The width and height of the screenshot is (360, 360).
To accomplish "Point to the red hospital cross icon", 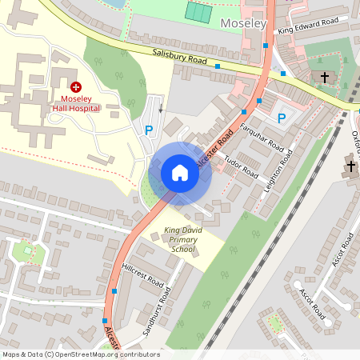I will pyautogui.click(x=75, y=86).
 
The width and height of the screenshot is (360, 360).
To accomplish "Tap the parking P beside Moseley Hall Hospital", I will pyautogui.click(x=148, y=130).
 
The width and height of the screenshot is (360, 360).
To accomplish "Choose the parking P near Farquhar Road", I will pyautogui.click(x=281, y=118).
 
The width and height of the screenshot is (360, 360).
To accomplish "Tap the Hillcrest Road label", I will pyautogui.click(x=142, y=276).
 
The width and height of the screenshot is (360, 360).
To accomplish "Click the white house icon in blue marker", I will pyautogui.click(x=180, y=173).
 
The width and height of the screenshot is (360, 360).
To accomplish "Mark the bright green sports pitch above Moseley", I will pyautogui.click(x=198, y=12).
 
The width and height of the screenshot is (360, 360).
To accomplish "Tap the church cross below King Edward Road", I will pyautogui.click(x=324, y=78).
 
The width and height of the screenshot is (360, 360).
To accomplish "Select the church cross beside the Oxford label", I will pyautogui.click(x=351, y=166).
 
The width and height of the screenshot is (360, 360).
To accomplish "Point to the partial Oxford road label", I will pyautogui.click(x=355, y=144).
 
